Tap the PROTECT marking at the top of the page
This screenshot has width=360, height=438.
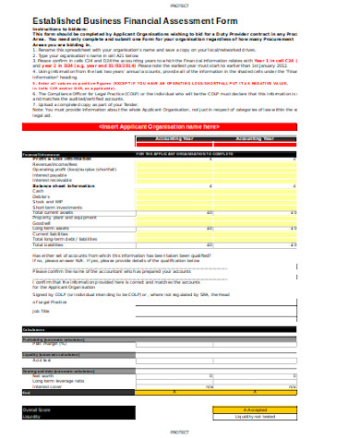point(179,4)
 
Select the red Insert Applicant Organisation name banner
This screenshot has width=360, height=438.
point(179,125)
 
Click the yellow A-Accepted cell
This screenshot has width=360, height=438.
point(255,409)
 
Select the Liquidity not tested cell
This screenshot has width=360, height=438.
point(255,416)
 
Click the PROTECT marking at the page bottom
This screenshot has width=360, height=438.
point(179,432)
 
